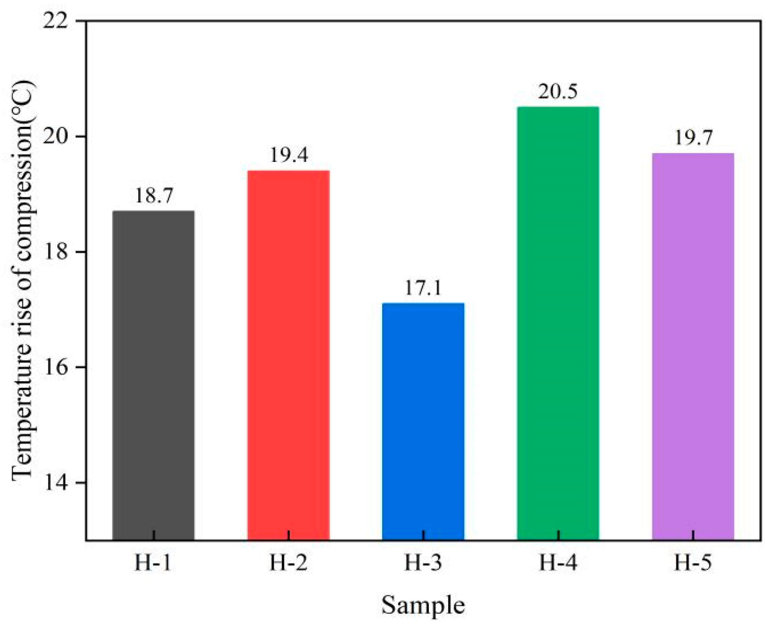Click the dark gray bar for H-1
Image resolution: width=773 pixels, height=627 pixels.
click(x=154, y=376)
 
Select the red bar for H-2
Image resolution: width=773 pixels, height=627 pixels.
click(x=288, y=356)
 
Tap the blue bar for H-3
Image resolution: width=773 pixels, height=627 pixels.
click(x=423, y=422)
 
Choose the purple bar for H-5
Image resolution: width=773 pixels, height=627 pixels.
click(x=693, y=347)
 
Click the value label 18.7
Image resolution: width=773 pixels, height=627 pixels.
click(x=154, y=196)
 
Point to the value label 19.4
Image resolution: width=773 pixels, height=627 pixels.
click(x=289, y=156)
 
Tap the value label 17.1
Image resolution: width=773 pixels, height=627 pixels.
click(x=423, y=288)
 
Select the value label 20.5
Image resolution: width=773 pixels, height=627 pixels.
click(x=558, y=93)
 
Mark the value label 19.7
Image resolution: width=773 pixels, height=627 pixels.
click(x=693, y=139)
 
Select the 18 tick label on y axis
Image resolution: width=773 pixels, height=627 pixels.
click(x=55, y=252)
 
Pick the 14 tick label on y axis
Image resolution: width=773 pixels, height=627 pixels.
click(x=55, y=483)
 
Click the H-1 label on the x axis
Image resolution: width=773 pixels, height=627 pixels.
click(x=153, y=563)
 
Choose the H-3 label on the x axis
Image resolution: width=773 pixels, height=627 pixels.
click(x=423, y=563)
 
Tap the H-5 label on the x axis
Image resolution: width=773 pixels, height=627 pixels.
click(x=693, y=563)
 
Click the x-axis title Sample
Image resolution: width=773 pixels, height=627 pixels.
click(x=423, y=605)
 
